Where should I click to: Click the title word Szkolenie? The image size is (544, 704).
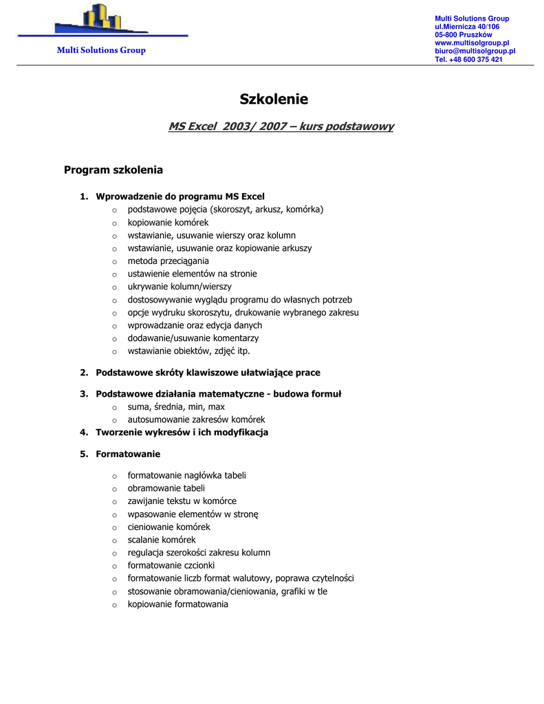[274, 99]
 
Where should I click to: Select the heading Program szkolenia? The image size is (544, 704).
[113, 170]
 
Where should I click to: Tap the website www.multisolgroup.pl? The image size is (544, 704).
[471, 43]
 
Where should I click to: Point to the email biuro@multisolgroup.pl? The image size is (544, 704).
[475, 52]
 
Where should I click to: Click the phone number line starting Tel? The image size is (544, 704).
[468, 60]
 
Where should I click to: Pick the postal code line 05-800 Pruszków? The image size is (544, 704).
[463, 35]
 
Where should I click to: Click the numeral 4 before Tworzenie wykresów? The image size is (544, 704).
[83, 432]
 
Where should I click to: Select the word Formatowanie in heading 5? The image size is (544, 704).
[128, 454]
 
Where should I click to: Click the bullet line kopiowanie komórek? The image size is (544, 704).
[168, 223]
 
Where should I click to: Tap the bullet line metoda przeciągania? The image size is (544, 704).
[168, 261]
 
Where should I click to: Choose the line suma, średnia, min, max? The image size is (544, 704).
[176, 407]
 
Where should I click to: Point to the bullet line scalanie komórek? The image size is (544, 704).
[162, 540]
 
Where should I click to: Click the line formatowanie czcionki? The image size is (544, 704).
[171, 566]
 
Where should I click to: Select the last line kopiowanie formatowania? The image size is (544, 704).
[177, 604]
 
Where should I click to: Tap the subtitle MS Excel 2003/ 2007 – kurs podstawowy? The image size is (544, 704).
[281, 126]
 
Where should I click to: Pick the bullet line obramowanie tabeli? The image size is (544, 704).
[166, 488]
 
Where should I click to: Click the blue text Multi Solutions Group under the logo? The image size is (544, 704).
[100, 50]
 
